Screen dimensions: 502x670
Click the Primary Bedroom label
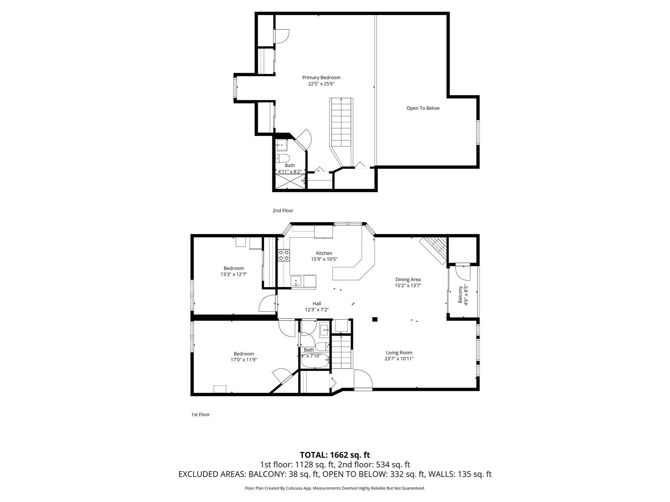point(321,77)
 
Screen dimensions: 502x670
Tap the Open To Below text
point(423,108)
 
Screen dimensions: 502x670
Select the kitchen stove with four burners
point(284,255)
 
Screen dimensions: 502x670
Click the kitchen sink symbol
point(296,281)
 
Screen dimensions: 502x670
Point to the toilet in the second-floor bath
point(283,159)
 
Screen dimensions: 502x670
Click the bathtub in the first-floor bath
point(314,362)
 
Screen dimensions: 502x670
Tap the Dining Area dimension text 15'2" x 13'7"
point(408,285)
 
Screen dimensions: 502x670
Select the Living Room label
point(399,353)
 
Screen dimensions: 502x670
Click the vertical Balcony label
point(460,295)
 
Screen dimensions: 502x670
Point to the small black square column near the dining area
point(375,319)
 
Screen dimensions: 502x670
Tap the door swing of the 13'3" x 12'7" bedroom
point(267,304)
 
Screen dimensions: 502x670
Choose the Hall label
point(316,304)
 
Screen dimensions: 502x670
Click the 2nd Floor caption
point(283,210)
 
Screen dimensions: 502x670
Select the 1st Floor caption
point(200,414)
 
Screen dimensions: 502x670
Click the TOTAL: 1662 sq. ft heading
point(335,455)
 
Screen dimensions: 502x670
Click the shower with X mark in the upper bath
point(290,182)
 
